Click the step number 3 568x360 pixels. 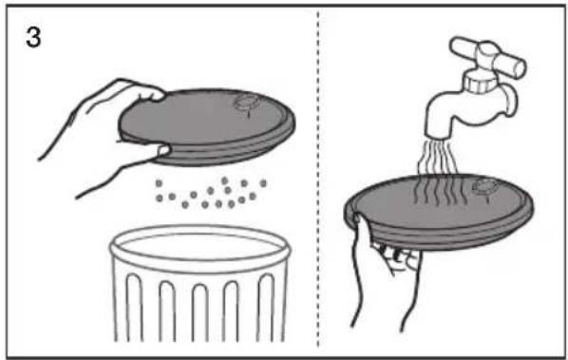click(x=33, y=38)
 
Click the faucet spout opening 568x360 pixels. click(x=437, y=135)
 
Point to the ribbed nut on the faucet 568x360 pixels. click(x=479, y=81)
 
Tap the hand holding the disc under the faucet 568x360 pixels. click(x=384, y=272)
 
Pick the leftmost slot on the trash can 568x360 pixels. click(x=134, y=308)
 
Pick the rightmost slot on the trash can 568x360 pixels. click(x=266, y=308)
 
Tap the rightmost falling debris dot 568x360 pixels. click(x=263, y=183)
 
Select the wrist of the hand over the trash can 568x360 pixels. click(x=62, y=145)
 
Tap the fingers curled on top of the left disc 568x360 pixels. click(x=145, y=90)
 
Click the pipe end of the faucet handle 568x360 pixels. click(x=519, y=68)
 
